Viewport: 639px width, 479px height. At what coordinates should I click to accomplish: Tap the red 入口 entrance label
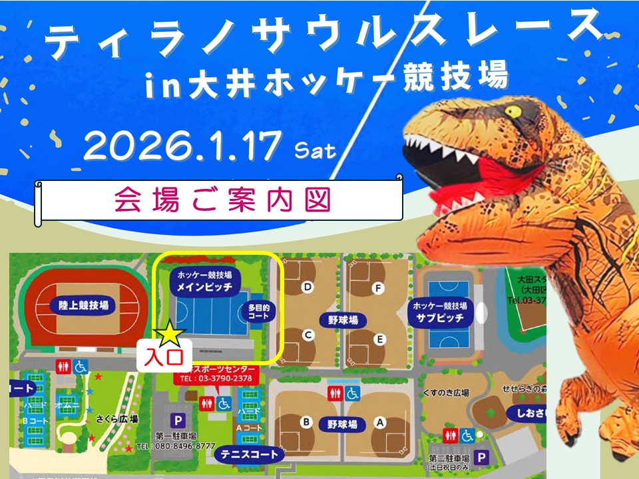coord(164,356)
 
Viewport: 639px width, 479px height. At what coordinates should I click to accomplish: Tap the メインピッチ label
coord(204,287)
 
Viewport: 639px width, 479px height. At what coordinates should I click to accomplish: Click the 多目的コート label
coord(259,312)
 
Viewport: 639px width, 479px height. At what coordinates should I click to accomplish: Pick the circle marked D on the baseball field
coord(308,287)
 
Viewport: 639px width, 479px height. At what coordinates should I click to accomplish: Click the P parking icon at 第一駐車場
coord(178,420)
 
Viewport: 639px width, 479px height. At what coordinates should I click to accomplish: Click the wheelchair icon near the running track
coord(81,366)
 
